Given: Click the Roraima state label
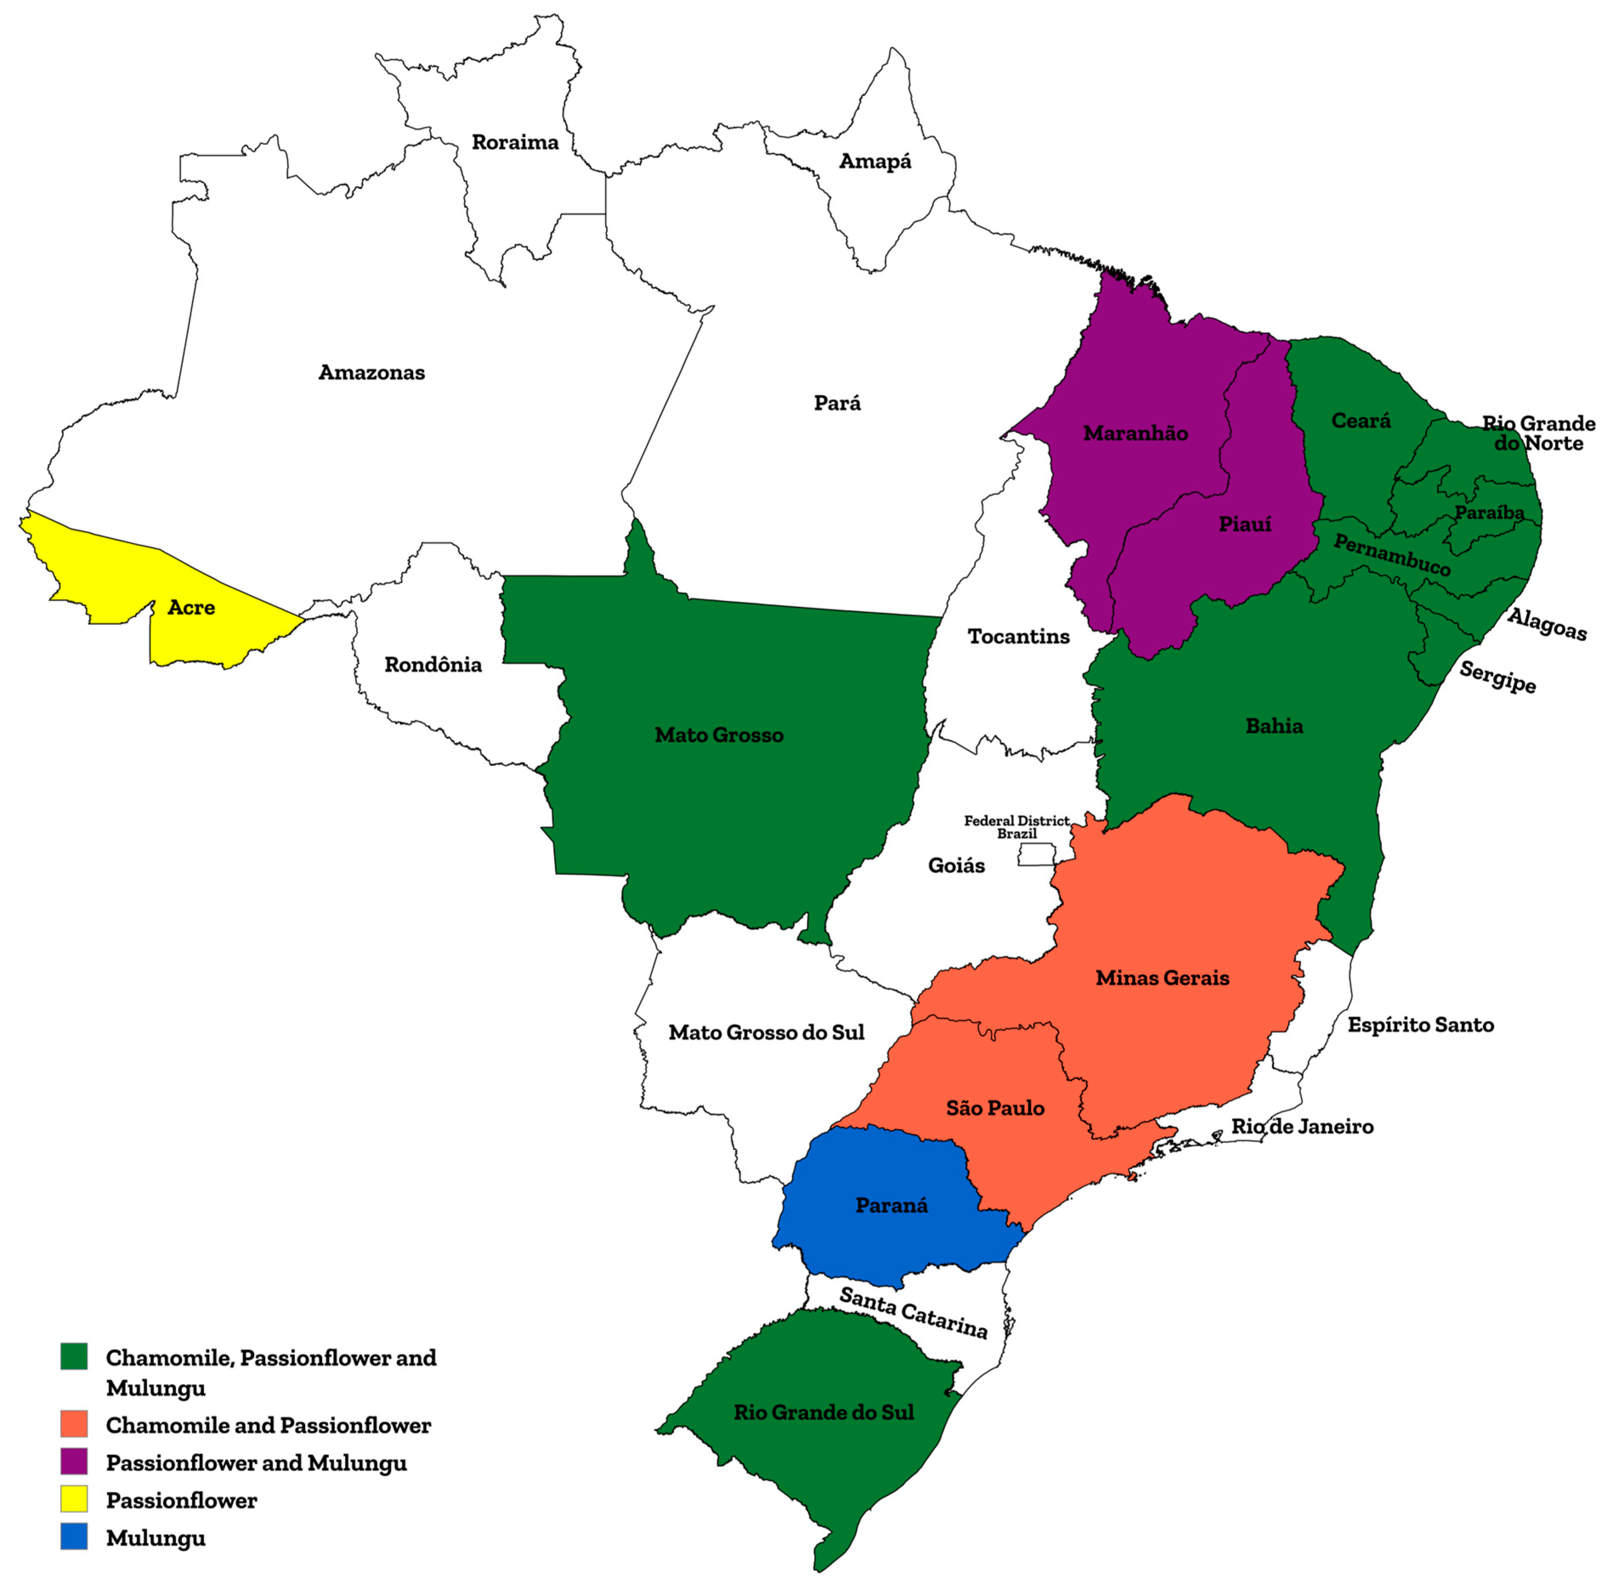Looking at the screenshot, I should pyautogui.click(x=515, y=142).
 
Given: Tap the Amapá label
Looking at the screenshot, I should pyautogui.click(x=875, y=161).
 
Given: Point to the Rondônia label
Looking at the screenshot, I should pyautogui.click(x=433, y=665).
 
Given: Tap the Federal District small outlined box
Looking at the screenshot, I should pyautogui.click(x=1037, y=855).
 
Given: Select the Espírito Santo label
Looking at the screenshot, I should pyautogui.click(x=1421, y=1025).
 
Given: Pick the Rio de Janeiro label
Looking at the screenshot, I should pyautogui.click(x=1302, y=1126).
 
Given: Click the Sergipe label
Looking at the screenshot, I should pyautogui.click(x=1497, y=676).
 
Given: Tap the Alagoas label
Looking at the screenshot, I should pyautogui.click(x=1546, y=624).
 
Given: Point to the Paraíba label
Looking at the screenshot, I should pyautogui.click(x=1489, y=513).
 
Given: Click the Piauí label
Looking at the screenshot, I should pyautogui.click(x=1245, y=524).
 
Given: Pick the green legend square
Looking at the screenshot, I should pyautogui.click(x=74, y=1357).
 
